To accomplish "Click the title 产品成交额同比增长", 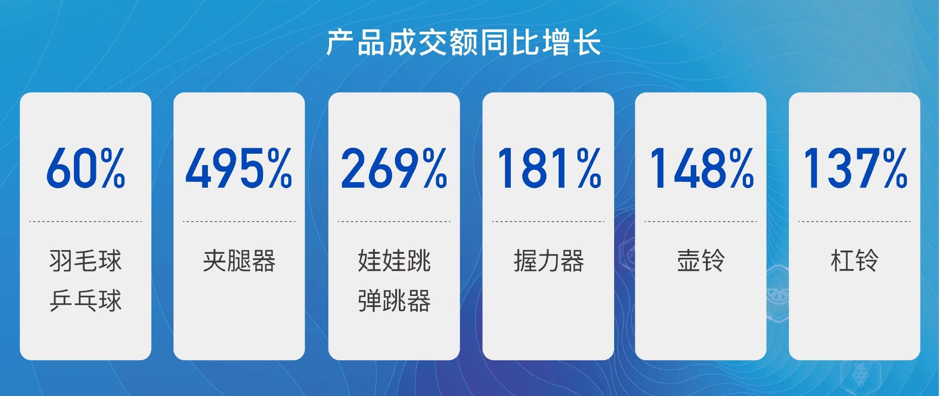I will tap(464, 43).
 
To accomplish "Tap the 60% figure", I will tap(85, 168).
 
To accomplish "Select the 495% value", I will tap(239, 168).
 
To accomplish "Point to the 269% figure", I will tap(394, 168).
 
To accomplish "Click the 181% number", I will tap(548, 168).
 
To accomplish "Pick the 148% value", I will tap(701, 168).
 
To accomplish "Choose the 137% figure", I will tap(855, 168).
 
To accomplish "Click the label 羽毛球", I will tap(85, 261).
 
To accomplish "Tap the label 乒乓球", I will tap(85, 301).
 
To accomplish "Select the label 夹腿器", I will tap(239, 261).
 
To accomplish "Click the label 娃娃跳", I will tap(394, 261).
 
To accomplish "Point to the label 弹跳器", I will tap(394, 301).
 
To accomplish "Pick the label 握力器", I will tap(548, 261).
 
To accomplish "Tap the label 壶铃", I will tap(701, 261).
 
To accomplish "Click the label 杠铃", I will tap(854, 261).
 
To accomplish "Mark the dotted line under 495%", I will tap(239, 222).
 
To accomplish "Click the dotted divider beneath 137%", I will tap(854, 222).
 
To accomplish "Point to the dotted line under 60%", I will tap(85, 222).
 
